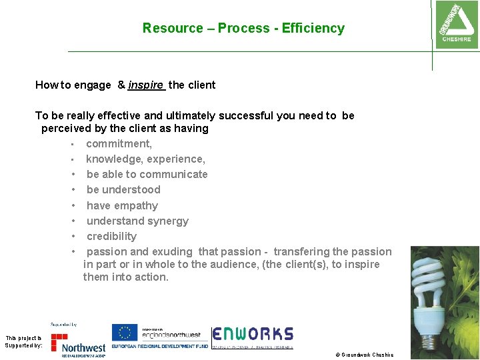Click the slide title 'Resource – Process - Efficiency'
coord(243,28)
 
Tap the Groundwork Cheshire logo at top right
coord(455,24)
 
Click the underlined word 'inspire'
coord(146,85)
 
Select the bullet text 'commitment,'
coord(119,143)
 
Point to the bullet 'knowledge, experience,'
coord(145,159)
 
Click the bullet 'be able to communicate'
coord(147,174)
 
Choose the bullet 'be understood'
coord(123,189)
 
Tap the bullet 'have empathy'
coord(122,205)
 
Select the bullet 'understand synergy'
coord(137,221)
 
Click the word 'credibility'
coord(111,236)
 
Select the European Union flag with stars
coord(124,333)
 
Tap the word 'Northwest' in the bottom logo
coord(83,347)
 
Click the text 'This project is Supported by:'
coord(24,342)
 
